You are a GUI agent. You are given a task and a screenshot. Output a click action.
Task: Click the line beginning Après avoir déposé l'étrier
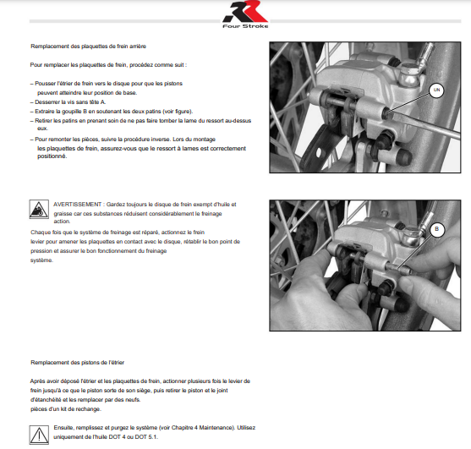click(136, 381)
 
